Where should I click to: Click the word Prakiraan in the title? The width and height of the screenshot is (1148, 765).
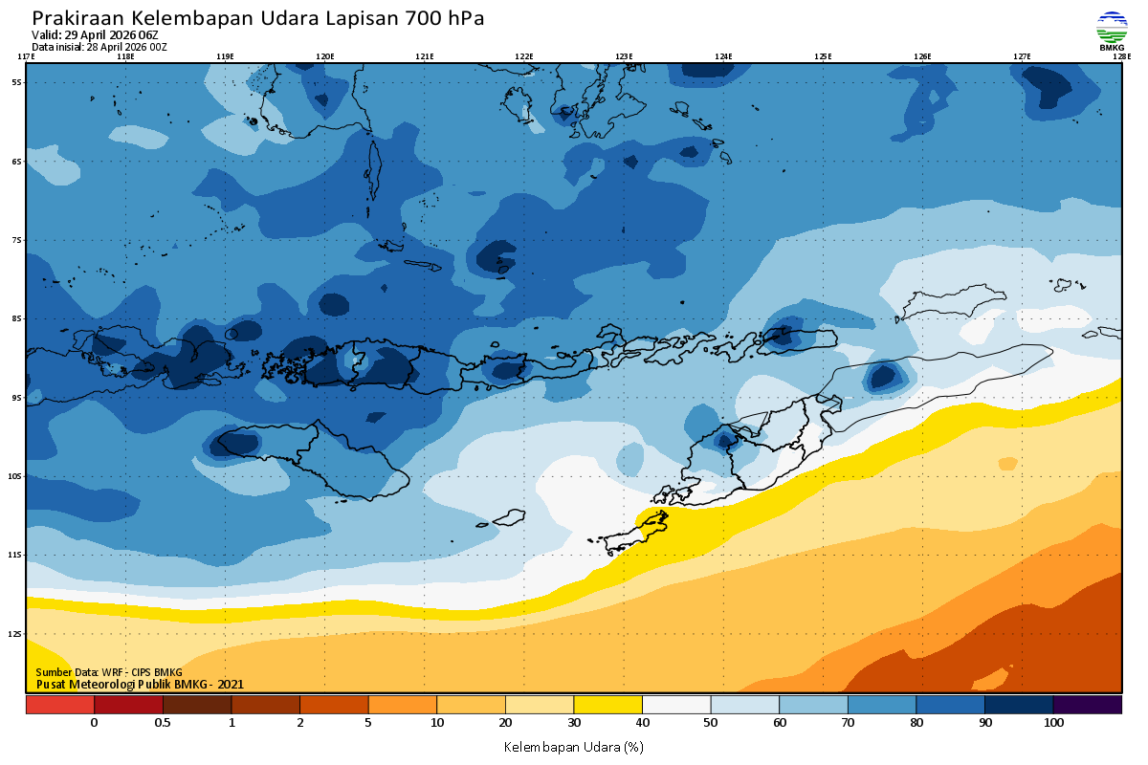(77, 19)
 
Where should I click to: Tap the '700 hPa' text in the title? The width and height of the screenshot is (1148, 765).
(444, 19)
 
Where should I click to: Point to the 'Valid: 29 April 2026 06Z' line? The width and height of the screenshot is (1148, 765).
(95, 35)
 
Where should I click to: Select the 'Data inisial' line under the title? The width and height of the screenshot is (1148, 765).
(99, 47)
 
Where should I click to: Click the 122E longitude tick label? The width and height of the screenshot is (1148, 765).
(523, 56)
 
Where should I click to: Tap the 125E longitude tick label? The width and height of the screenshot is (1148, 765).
(823, 56)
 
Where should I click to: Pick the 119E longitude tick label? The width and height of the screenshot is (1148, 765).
(225, 56)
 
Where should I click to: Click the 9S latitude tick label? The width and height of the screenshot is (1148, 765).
(16, 397)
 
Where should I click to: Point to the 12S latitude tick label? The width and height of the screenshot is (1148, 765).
(16, 633)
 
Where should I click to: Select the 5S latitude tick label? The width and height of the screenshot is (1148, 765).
(16, 82)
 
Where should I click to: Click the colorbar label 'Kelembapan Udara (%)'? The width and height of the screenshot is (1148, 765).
(573, 746)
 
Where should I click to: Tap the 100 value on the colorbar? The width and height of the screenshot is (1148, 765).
(1053, 723)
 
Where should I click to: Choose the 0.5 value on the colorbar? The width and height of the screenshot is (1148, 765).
(163, 723)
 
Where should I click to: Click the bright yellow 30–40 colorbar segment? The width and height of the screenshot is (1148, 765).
(607, 705)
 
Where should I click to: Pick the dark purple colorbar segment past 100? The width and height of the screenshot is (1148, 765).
(1088, 705)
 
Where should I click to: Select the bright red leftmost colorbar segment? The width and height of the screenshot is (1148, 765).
(59, 705)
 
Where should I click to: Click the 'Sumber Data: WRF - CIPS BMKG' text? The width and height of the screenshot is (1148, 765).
(109, 673)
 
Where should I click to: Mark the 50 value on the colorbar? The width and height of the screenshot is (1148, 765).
(711, 723)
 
